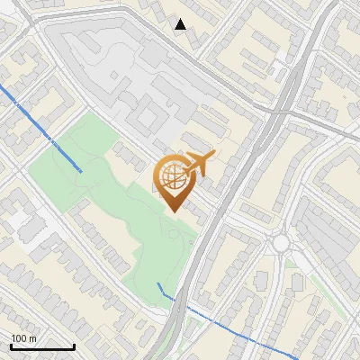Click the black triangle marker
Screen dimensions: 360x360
coord(181,24)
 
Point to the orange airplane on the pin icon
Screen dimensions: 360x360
coord(201,163)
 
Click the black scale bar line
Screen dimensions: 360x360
coord(42,346)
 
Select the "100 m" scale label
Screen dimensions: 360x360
coord(24,337)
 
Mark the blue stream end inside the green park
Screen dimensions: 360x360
coord(82,169)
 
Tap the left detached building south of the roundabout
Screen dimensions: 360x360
coord(261,282)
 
